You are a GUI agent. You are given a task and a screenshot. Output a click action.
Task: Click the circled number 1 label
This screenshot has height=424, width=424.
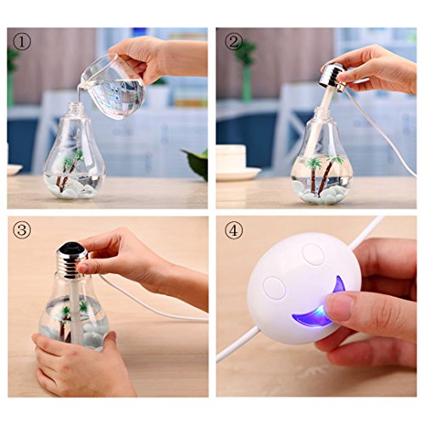pyautogui.click(x=22, y=42)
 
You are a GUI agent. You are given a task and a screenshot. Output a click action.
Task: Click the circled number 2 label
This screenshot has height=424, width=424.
pyautogui.click(x=234, y=42)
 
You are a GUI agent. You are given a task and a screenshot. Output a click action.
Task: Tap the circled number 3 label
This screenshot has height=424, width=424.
pyautogui.click(x=22, y=230)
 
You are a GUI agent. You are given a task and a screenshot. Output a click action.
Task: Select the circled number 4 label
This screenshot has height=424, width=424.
pyautogui.click(x=234, y=231)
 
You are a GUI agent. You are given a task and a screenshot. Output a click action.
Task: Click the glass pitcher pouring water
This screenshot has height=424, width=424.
pyautogui.click(x=114, y=86)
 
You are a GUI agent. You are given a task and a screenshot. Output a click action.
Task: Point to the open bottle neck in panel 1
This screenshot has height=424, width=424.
pyautogui.click(x=75, y=108)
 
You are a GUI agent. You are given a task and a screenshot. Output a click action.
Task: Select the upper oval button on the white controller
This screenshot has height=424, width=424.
pyautogui.click(x=313, y=254)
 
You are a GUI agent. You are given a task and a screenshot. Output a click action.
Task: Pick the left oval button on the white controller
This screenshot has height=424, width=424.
pyautogui.click(x=274, y=287)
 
